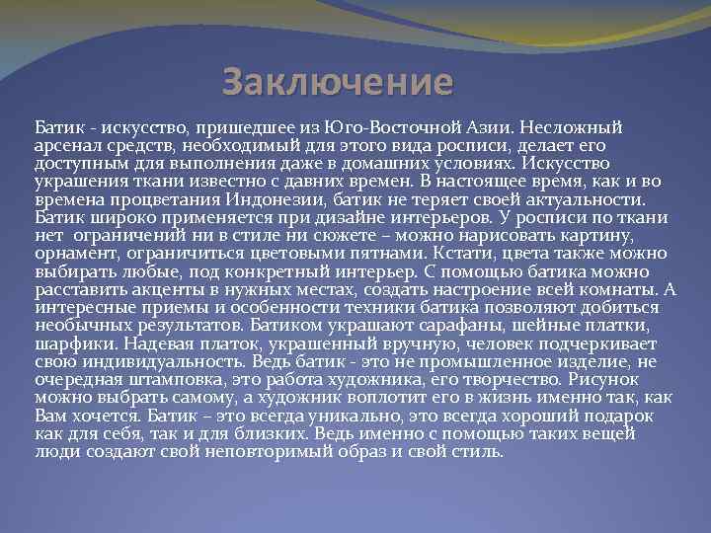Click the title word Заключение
pos(338,82)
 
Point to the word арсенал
pos(65,146)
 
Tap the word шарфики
pos(67,342)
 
